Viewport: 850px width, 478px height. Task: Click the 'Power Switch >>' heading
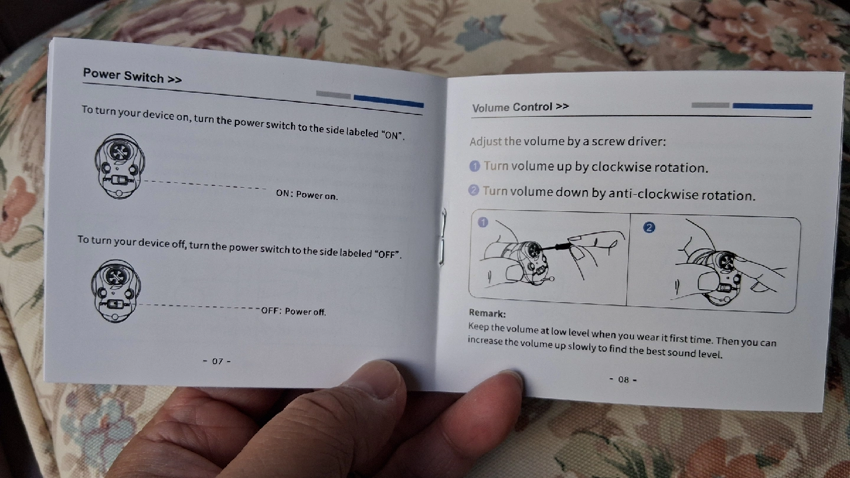click(x=132, y=76)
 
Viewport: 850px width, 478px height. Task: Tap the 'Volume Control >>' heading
click(x=520, y=107)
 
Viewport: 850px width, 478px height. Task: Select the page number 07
click(x=217, y=361)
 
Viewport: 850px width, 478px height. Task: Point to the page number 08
click(x=623, y=379)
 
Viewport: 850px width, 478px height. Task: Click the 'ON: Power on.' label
click(x=306, y=194)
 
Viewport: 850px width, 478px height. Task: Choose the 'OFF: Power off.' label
click(x=293, y=311)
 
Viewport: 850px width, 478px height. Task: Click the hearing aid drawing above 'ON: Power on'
click(x=119, y=166)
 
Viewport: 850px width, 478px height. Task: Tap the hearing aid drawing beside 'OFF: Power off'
click(x=116, y=291)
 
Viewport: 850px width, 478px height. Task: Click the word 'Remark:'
click(x=487, y=313)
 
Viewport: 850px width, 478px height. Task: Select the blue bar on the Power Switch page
click(x=388, y=101)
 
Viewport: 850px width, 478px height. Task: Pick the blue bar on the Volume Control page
click(x=772, y=106)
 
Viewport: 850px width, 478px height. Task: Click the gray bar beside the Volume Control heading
click(x=710, y=105)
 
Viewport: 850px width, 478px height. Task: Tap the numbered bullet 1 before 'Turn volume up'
click(x=475, y=166)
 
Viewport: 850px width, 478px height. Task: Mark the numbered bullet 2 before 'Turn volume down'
click(x=473, y=189)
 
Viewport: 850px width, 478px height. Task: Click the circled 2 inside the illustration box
click(x=649, y=227)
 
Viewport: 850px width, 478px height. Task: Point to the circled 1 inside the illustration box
click(x=483, y=222)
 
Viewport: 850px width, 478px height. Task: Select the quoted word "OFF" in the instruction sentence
click(x=387, y=254)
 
